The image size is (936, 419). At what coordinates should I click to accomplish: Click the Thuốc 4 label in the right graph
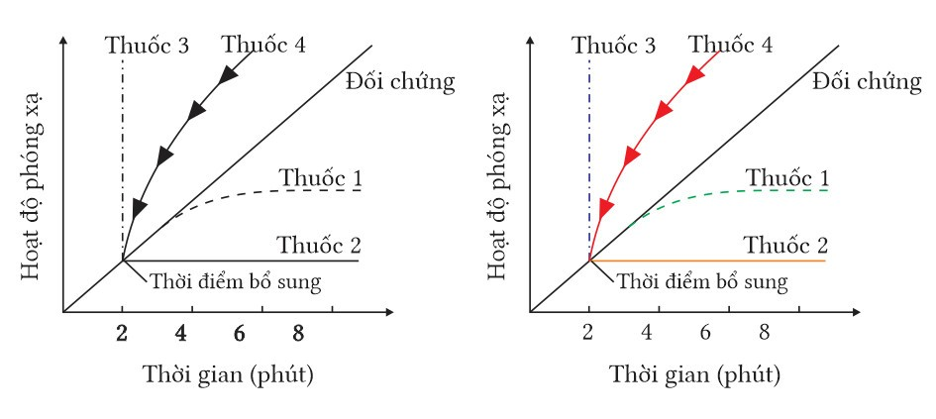(x=731, y=45)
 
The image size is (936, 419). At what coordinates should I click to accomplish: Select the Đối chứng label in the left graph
(x=401, y=82)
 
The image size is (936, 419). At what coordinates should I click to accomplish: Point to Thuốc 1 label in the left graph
(x=319, y=179)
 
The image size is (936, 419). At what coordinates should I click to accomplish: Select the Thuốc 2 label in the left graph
(x=319, y=245)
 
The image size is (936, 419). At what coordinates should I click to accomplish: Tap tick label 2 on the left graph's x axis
(x=122, y=334)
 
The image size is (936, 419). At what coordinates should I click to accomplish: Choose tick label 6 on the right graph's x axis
(x=705, y=334)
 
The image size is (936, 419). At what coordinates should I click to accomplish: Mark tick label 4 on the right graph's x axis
(x=648, y=334)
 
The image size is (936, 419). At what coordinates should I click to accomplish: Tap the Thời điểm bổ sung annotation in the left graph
(x=237, y=280)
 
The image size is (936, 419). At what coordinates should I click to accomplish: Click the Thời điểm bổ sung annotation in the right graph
(x=702, y=281)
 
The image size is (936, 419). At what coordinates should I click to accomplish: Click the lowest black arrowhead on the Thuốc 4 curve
(x=139, y=208)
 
